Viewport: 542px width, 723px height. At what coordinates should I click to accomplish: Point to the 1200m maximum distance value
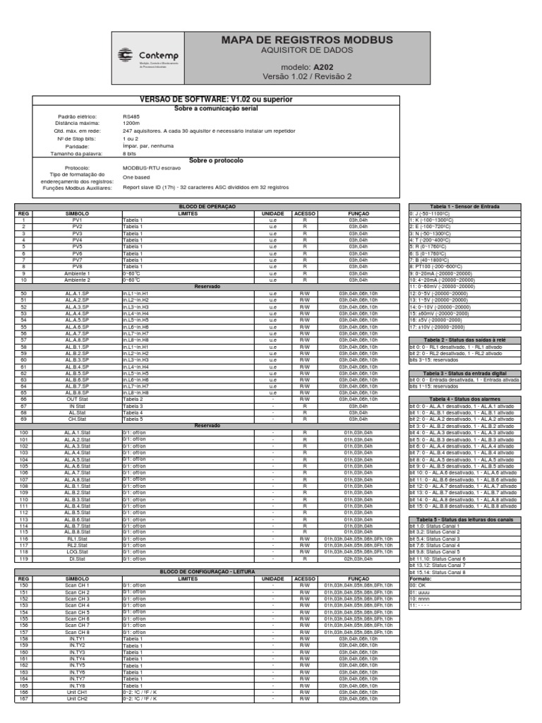click(x=131, y=123)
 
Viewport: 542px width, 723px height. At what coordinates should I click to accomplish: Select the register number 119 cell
click(x=23, y=558)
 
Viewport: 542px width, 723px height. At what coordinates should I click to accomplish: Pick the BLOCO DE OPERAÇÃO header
click(x=207, y=206)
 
